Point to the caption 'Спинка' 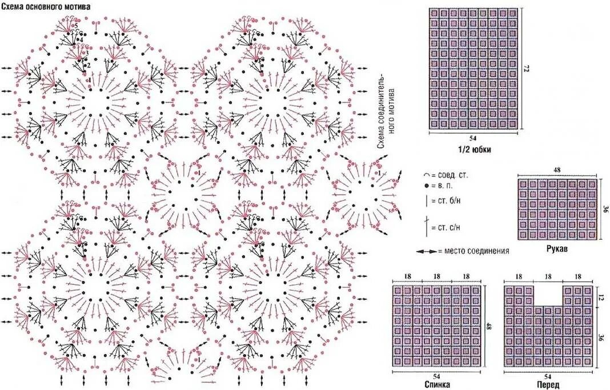437,384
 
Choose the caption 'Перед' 548,384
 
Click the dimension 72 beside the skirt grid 527,69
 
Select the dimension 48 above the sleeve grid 557,170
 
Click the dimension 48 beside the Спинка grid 489,327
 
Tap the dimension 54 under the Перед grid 548,375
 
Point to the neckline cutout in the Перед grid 548,295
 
